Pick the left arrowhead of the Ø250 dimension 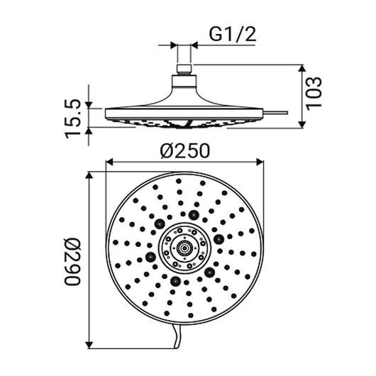(x=109, y=162)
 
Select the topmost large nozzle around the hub (x=194, y=214)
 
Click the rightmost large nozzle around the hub (x=220, y=238)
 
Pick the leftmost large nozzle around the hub (x=151, y=256)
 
